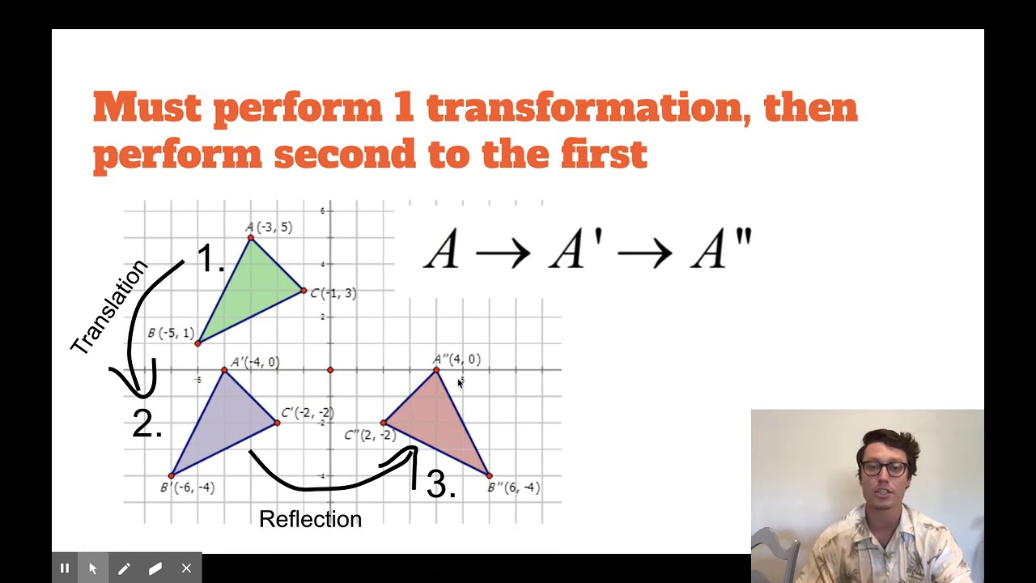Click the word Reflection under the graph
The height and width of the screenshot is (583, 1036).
(x=310, y=519)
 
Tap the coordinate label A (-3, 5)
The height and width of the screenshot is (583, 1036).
(x=269, y=228)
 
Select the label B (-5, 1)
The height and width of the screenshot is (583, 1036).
(x=171, y=333)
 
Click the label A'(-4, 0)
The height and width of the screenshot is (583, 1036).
(x=255, y=362)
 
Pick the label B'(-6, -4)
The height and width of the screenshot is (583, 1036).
(x=187, y=487)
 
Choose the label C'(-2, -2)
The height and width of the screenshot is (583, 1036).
(x=308, y=413)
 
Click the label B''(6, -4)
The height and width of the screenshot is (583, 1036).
(x=514, y=487)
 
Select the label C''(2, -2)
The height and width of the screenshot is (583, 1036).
(x=370, y=436)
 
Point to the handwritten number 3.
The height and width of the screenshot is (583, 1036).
(x=440, y=484)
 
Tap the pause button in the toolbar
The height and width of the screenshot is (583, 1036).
(x=65, y=568)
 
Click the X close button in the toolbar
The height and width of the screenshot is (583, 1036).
(x=186, y=568)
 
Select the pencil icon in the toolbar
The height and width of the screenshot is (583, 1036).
(x=124, y=568)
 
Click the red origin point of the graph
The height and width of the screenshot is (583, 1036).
(x=330, y=370)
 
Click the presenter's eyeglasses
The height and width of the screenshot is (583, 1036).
(x=883, y=468)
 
